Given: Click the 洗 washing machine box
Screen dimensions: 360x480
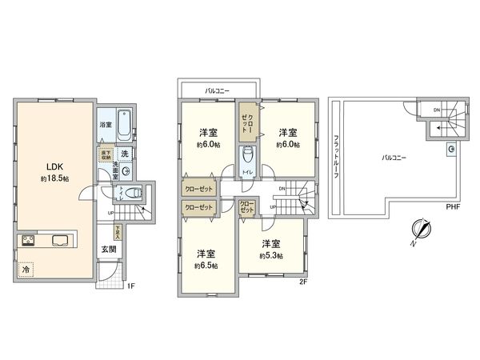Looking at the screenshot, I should point(126,153).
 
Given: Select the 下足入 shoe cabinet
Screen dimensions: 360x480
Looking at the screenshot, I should point(118,232).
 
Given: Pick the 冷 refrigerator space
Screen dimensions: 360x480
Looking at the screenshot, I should point(26,270).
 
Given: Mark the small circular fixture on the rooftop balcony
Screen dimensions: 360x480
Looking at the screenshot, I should point(452,149).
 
